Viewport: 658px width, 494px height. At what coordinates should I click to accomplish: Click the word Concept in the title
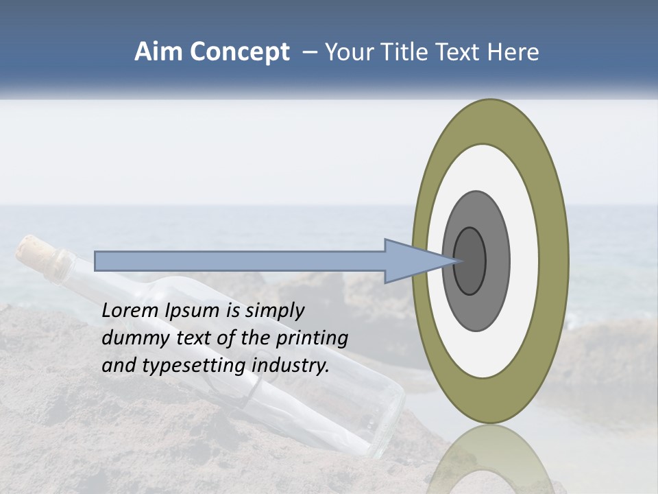click(239, 53)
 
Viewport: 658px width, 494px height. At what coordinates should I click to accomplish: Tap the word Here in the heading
click(513, 52)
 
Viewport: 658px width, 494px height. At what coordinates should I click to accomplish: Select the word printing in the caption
click(312, 338)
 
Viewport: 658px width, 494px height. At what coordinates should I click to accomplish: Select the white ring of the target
click(522, 261)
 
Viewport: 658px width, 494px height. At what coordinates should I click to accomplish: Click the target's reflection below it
click(491, 460)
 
